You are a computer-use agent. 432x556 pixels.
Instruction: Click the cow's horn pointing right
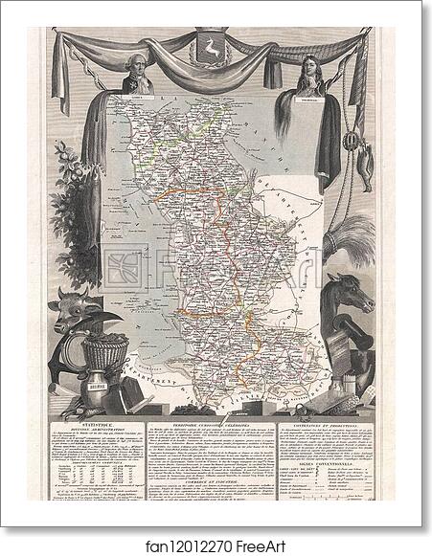[x=108, y=317]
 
